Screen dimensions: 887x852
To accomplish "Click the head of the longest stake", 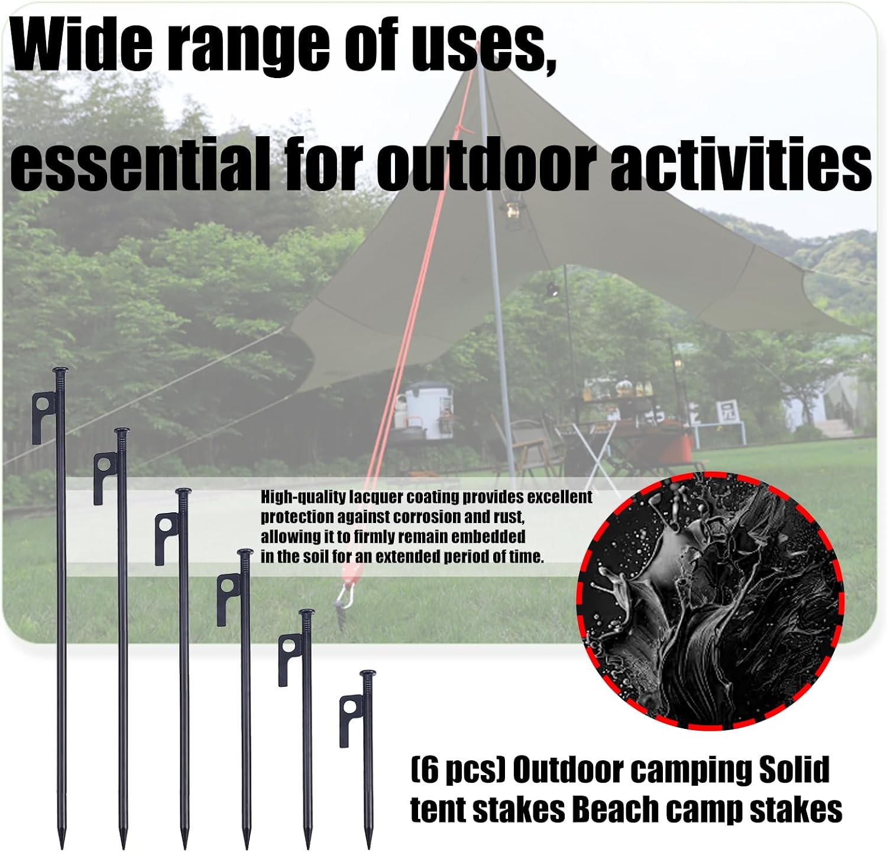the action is point(60,372).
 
